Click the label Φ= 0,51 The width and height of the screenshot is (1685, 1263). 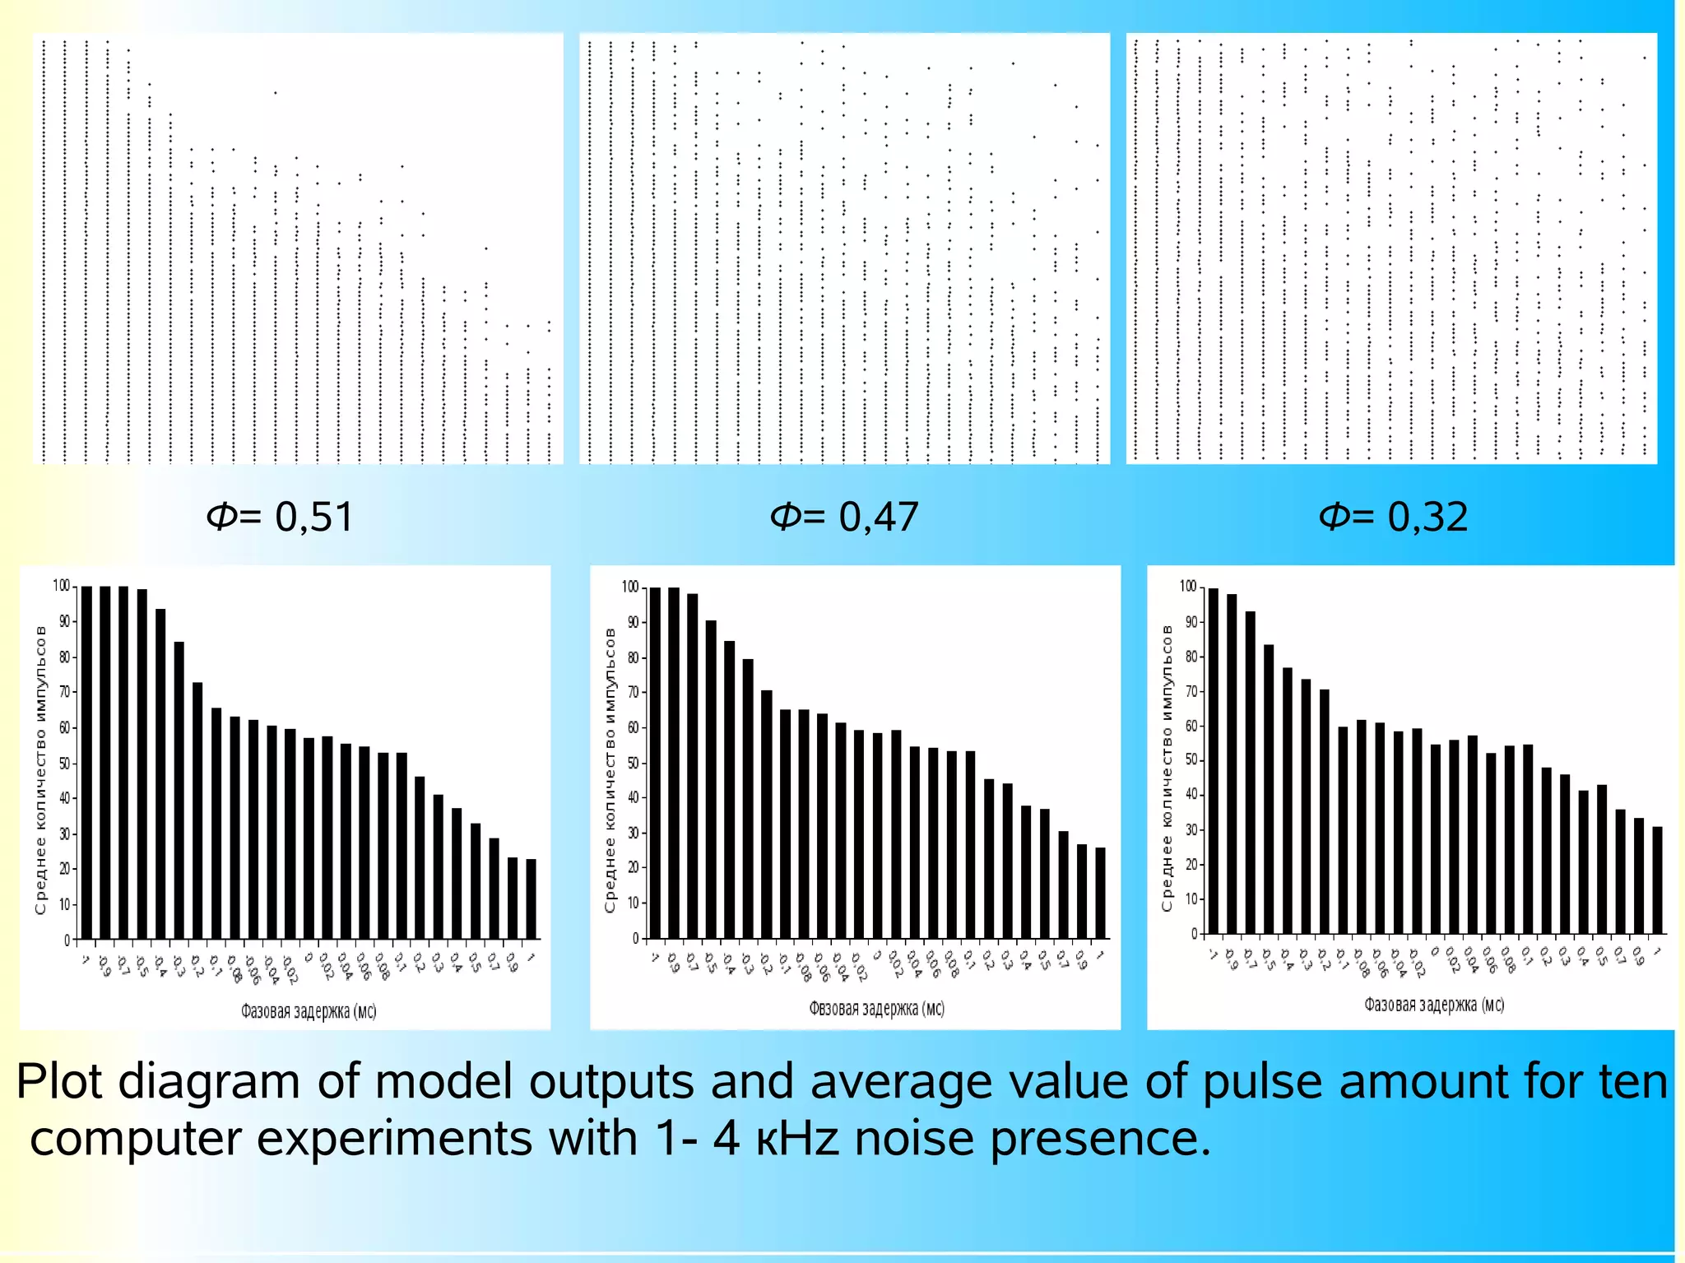[280, 517]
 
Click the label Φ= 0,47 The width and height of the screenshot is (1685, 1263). [844, 517]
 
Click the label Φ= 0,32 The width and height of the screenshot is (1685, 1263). [1393, 517]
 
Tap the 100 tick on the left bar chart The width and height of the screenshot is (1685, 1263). [62, 586]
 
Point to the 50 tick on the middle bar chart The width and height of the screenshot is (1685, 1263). [633, 763]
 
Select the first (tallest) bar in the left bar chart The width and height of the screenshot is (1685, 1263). [86, 762]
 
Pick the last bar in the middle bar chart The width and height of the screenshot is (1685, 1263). [1100, 893]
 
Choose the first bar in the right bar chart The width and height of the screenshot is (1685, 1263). [1214, 761]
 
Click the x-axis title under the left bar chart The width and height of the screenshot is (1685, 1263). [309, 1010]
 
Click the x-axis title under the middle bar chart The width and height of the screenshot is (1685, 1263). [876, 1009]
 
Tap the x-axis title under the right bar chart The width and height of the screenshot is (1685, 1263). [1433, 1005]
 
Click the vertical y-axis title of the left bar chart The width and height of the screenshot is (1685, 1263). [40, 769]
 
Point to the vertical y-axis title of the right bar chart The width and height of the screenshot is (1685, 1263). [1167, 768]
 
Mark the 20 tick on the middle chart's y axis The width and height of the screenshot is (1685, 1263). [633, 867]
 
